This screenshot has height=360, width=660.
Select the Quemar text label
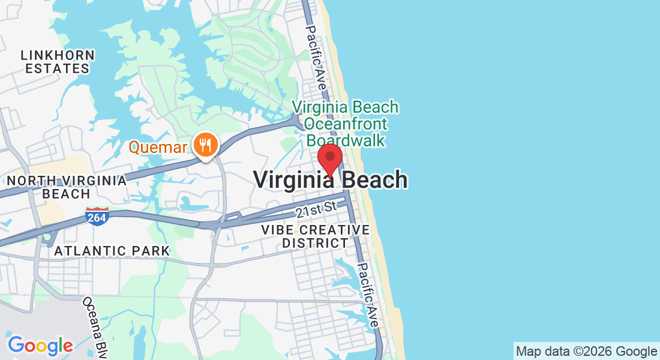[158, 147]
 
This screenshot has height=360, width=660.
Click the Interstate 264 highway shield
[97, 217]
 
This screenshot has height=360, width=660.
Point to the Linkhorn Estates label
[58, 62]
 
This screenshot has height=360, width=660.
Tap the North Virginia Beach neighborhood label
[67, 187]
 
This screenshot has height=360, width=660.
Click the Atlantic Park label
[112, 251]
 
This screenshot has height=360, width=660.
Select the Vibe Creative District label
[316, 236]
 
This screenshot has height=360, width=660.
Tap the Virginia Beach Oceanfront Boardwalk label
[345, 124]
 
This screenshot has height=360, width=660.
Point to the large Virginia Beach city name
[331, 179]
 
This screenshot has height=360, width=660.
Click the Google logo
[40, 346]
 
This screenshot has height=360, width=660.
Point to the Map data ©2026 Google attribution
[586, 352]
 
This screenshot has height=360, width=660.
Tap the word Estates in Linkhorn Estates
[58, 69]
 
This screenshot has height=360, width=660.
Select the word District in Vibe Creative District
[316, 243]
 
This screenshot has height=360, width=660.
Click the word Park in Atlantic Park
[153, 251]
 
